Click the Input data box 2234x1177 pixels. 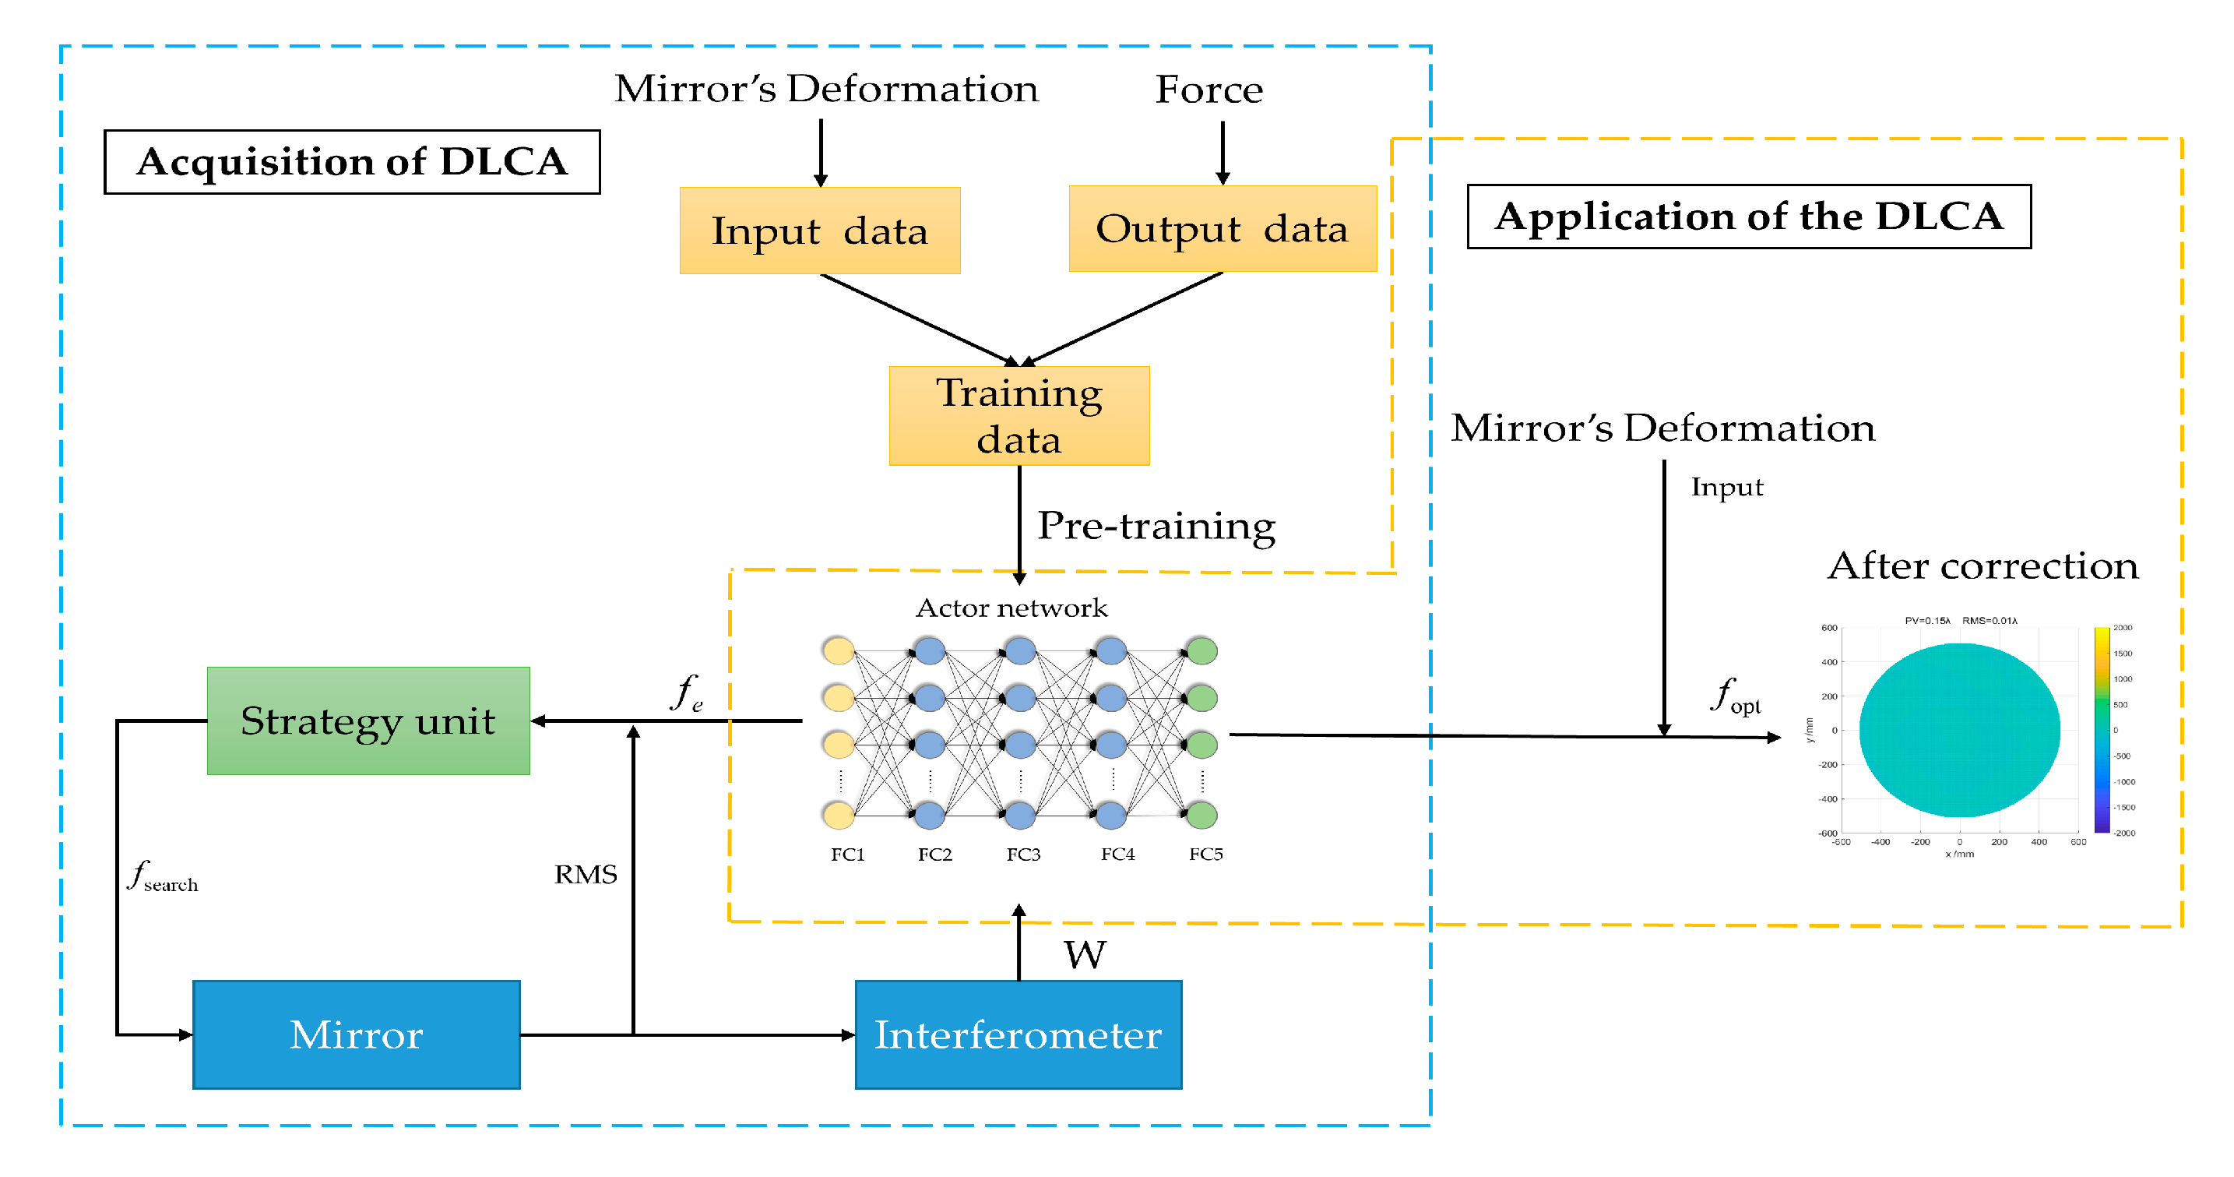[819, 231]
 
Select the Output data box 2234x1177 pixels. [1222, 229]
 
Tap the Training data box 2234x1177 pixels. [1019, 416]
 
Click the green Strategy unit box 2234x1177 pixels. [368, 721]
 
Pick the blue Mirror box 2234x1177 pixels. [357, 1034]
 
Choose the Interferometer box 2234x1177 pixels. [1018, 1034]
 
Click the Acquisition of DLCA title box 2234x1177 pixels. [352, 162]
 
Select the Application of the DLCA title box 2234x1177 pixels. [1748, 217]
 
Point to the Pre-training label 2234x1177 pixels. [1156, 526]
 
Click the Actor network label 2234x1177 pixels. [1011, 608]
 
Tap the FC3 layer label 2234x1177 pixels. [1023, 855]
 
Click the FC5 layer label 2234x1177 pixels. [1205, 855]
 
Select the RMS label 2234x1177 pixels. [586, 874]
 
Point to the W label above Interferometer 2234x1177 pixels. [1085, 955]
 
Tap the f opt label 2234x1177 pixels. [1736, 696]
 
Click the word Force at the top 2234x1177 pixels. [1209, 90]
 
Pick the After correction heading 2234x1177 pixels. [1982, 566]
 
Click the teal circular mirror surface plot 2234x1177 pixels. [1959, 731]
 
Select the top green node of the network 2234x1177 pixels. [1202, 650]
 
